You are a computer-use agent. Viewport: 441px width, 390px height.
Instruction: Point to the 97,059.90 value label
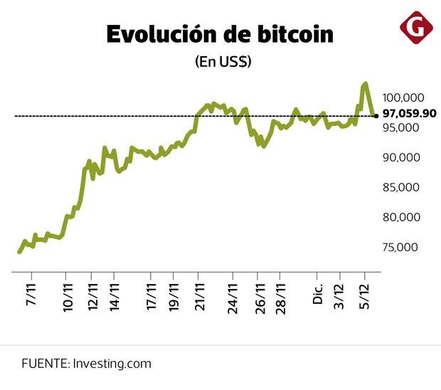[x=409, y=113]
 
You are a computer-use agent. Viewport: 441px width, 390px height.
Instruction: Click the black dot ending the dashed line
[x=376, y=115]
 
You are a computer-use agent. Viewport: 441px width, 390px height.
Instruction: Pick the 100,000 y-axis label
[x=403, y=97]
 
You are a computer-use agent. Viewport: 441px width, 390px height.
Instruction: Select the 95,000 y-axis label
[x=403, y=127]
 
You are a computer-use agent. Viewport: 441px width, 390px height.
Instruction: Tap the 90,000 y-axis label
[x=403, y=157]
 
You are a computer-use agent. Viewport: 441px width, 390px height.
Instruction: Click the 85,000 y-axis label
[x=403, y=187]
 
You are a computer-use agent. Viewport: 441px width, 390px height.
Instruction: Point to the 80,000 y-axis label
[x=403, y=217]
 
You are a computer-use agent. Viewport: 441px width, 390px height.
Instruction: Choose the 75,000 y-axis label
[x=403, y=247]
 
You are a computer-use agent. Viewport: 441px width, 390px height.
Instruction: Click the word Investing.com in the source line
[x=112, y=364]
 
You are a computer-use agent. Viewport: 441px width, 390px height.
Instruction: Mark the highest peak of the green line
[x=365, y=84]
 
